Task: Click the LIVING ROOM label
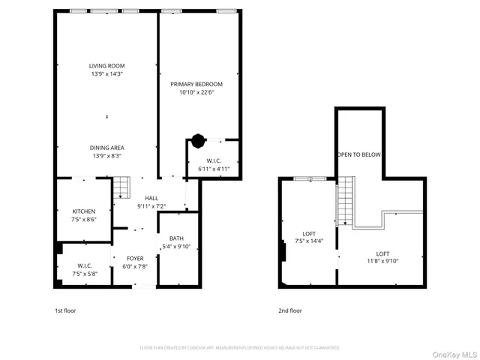(106, 66)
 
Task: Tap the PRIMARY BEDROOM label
(196, 85)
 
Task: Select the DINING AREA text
(106, 148)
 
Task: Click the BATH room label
(176, 238)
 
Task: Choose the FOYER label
(135, 258)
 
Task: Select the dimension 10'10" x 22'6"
(196, 93)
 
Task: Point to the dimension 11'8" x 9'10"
(382, 262)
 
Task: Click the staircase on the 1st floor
(121, 185)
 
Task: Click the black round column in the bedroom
(197, 139)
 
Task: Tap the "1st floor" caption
(65, 310)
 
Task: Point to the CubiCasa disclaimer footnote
(240, 348)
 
